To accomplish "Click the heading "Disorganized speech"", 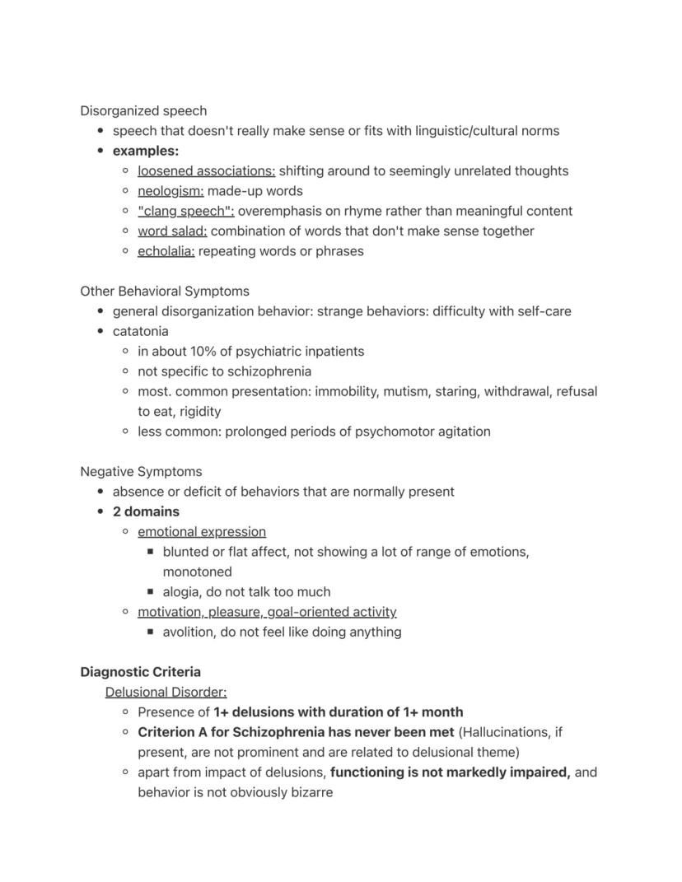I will coord(143,111).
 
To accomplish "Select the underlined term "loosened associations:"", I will coord(206,171).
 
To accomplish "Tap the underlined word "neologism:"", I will coord(170,191).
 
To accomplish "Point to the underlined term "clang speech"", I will coord(185,211).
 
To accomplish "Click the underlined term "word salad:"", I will coord(172,231).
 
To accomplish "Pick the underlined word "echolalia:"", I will coord(166,251).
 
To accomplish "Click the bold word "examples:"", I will coord(146,152).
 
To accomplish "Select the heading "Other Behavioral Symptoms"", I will coord(165,292).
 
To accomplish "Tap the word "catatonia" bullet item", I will coord(141,331).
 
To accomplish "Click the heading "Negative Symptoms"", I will coord(141,472).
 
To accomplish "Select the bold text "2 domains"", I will coord(146,511).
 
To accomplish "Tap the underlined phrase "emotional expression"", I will coord(202,532).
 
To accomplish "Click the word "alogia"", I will coord(181,592).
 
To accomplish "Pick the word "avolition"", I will coord(189,632).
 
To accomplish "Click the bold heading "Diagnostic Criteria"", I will coord(140,672).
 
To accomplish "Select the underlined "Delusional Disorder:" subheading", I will coord(166,692).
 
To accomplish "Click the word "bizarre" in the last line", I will coord(309,792).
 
